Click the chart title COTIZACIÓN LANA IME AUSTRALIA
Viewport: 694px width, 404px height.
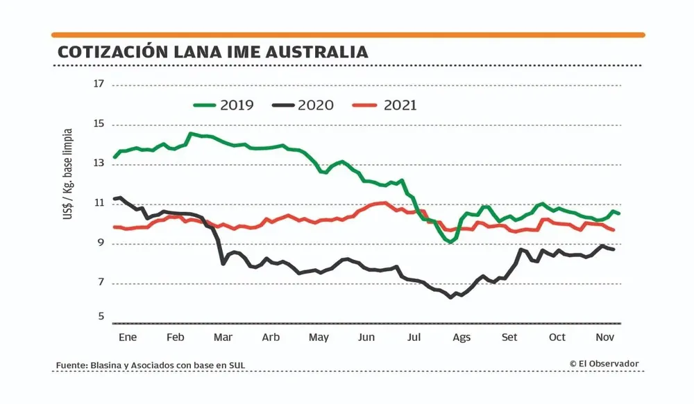pos(212,52)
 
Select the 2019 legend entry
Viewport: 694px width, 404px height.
pos(223,105)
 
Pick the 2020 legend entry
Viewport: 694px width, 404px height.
pos(303,105)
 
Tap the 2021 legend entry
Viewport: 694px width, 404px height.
pos(385,105)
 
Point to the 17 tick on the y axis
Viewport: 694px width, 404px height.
pos(98,85)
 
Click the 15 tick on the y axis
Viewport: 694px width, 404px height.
pos(98,125)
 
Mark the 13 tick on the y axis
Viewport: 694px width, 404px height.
pos(98,164)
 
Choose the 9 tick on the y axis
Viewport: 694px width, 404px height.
pos(100,243)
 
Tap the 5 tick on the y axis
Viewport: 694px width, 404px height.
pos(100,317)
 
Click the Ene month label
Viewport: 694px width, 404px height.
pos(128,337)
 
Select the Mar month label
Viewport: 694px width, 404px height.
pos(223,337)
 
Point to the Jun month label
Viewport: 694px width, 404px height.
pos(366,337)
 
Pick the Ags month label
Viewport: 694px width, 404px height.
pos(462,337)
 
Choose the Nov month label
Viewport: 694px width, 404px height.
pos(605,337)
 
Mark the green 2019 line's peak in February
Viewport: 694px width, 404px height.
pos(191,134)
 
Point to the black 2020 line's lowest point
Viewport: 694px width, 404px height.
pos(451,297)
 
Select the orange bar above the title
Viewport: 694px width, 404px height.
pos(348,35)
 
